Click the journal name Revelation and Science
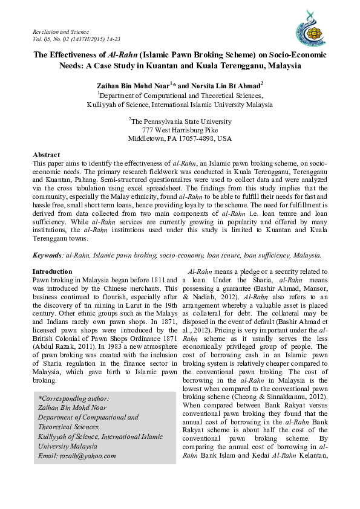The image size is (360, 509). (61, 31)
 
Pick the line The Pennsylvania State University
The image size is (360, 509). (181, 122)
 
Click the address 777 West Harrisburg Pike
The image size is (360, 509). (180, 130)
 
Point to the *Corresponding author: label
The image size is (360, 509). (73, 399)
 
